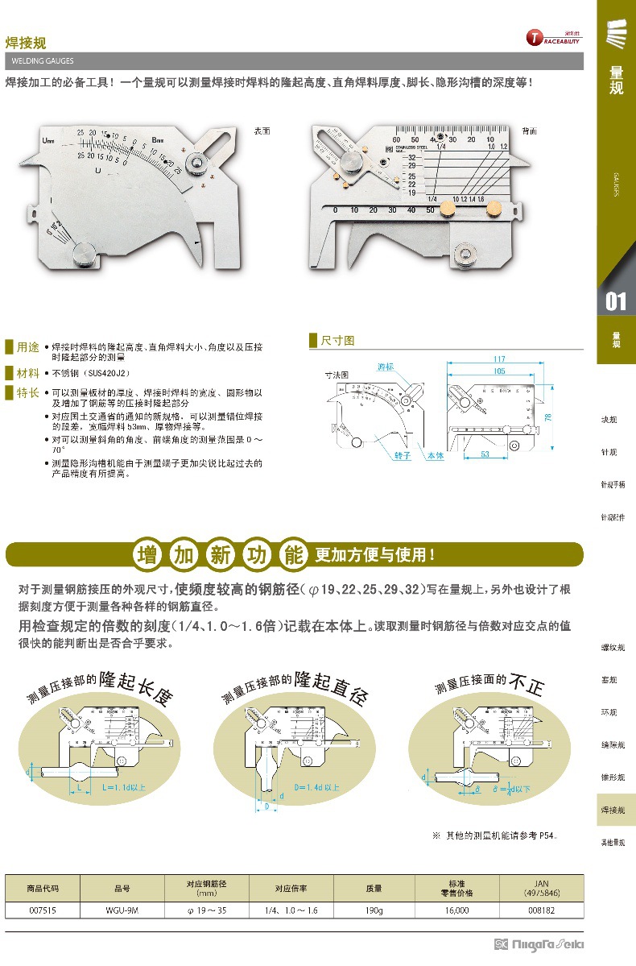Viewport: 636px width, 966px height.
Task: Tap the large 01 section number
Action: [x=616, y=301]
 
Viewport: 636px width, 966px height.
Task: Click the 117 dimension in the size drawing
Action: [x=499, y=359]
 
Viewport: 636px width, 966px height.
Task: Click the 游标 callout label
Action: [x=386, y=367]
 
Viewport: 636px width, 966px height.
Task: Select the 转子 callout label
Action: [x=403, y=456]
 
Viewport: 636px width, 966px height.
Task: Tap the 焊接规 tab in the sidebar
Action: [x=616, y=809]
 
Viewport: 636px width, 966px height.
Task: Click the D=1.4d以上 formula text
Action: [x=316, y=786]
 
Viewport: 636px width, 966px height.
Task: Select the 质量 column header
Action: [x=374, y=888]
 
